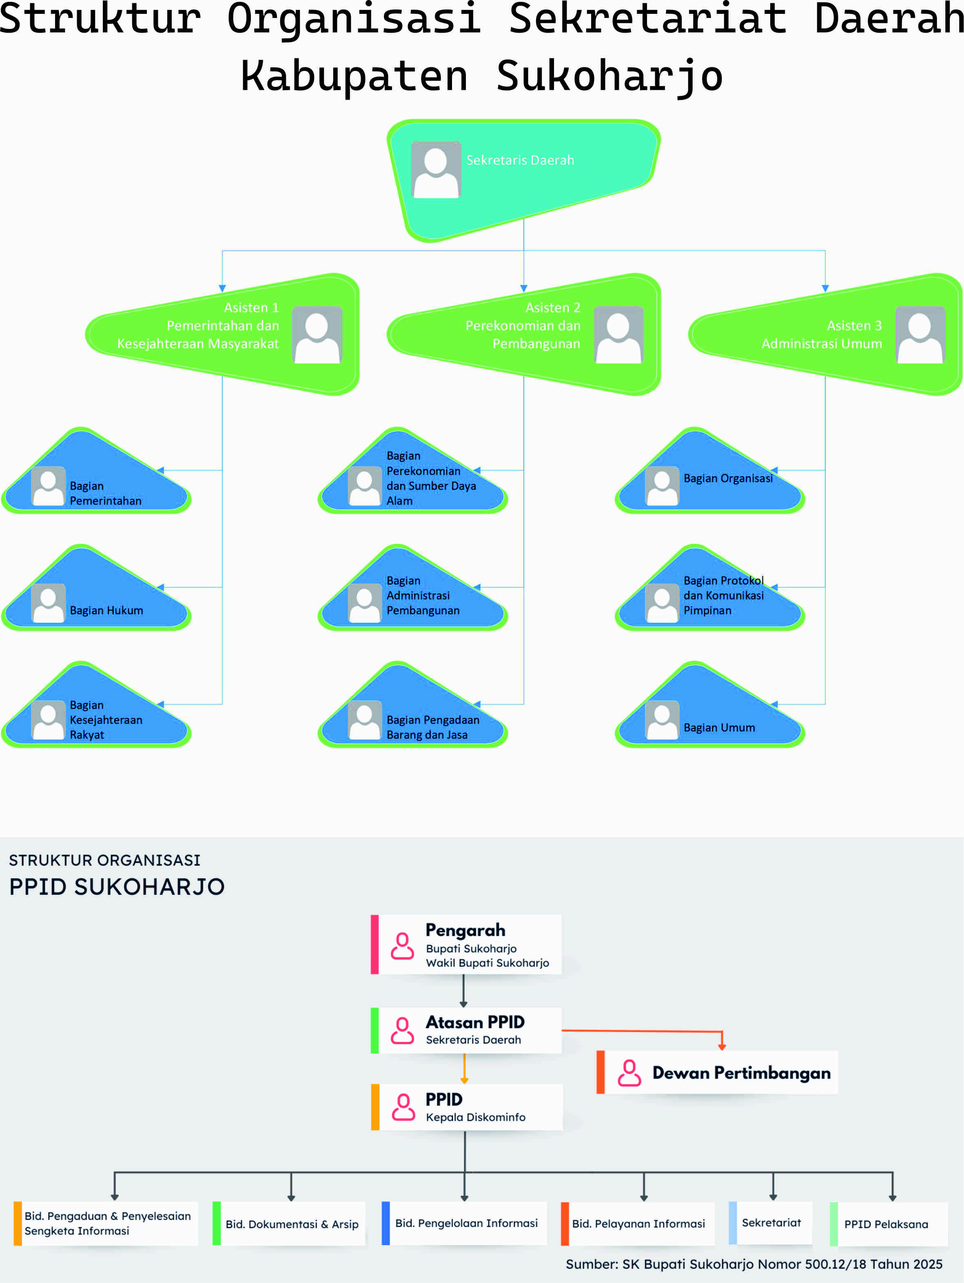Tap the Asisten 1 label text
coord(251,308)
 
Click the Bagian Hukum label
coord(106,610)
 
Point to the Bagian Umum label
coord(719,727)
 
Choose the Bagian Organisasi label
coord(728,479)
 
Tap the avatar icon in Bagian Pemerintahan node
coord(48,486)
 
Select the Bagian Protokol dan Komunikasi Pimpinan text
coord(723,595)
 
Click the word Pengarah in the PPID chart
coord(465,931)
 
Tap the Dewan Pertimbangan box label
coord(741,1073)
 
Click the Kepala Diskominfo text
coord(476,1117)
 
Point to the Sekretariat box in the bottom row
coord(771,1223)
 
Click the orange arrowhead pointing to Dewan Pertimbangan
coord(722,1046)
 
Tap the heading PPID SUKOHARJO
coord(117,887)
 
